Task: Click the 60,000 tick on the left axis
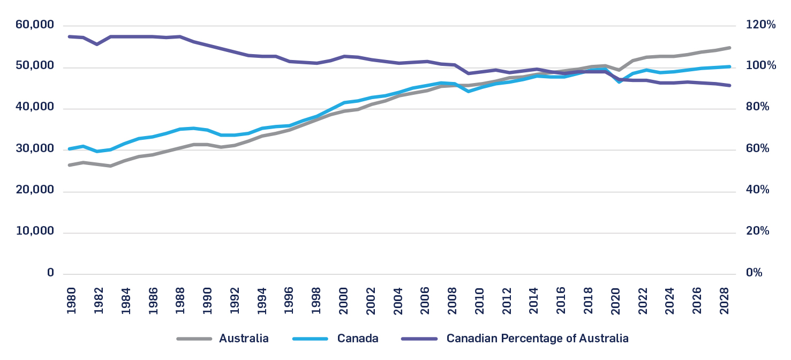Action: (x=35, y=25)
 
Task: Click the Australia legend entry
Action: (x=244, y=339)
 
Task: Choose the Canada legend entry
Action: (x=358, y=339)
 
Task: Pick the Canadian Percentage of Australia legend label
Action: (x=537, y=339)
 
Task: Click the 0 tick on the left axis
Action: (x=50, y=273)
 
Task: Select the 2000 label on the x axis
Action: (x=343, y=301)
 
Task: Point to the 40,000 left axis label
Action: (x=35, y=108)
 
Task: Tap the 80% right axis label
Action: (x=758, y=108)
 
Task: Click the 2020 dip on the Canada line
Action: (x=619, y=82)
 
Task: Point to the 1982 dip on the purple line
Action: (x=97, y=44)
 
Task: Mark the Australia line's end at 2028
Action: (x=729, y=48)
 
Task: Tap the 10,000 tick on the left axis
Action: (x=35, y=232)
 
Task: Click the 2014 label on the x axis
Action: (x=534, y=301)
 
